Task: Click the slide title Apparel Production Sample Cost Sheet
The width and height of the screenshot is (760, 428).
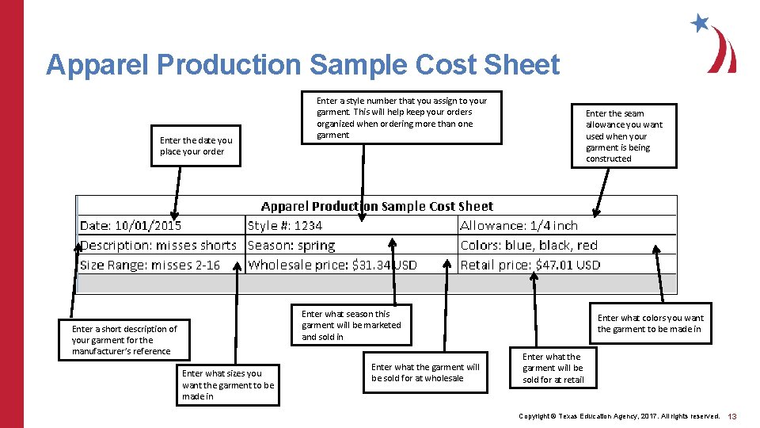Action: point(302,65)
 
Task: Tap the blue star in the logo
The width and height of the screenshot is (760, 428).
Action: point(700,22)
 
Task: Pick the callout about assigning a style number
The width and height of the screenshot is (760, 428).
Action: point(402,117)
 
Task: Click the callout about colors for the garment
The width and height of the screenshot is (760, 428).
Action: point(650,323)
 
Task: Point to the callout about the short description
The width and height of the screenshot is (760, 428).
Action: point(124,340)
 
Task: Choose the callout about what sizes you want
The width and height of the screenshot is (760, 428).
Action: point(228,384)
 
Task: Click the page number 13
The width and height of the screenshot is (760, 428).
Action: point(732,416)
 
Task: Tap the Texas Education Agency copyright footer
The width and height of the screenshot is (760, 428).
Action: point(619,416)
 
